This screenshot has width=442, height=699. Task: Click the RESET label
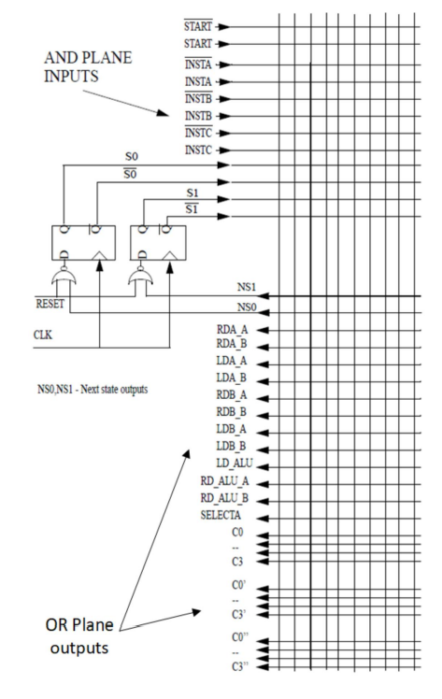point(50,304)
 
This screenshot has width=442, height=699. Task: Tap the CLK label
point(43,335)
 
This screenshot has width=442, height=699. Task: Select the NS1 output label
point(247,287)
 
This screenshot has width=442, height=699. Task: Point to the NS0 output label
point(247,307)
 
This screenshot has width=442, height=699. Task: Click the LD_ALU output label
point(235,464)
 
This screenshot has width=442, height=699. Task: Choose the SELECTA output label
point(221,515)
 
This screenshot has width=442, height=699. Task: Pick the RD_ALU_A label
point(224,481)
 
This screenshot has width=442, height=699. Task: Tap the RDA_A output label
point(232,330)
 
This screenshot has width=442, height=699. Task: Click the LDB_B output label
point(231,446)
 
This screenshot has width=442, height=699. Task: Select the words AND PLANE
point(88,58)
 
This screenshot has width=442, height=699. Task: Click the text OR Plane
point(79,625)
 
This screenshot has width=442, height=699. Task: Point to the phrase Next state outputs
point(114,389)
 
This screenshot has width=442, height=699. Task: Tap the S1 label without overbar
point(192,193)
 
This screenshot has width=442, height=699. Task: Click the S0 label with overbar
point(130,174)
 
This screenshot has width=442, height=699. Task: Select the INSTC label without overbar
point(198,150)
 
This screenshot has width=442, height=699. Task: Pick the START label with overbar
point(198,26)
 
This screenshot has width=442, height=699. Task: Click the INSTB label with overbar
point(198,98)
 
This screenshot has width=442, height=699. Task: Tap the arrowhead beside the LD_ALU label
point(263,467)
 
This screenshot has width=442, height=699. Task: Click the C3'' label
point(240,667)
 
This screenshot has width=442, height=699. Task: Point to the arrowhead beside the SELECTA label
point(263,519)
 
